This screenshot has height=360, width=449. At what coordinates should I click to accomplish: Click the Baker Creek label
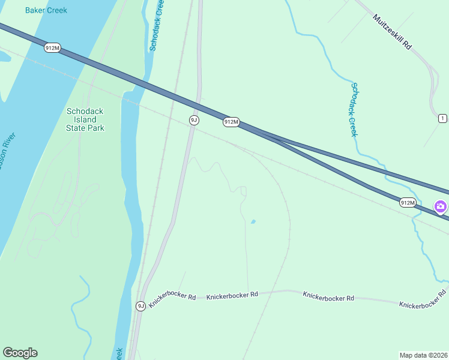(46, 10)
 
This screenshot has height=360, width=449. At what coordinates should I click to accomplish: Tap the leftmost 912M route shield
(52, 48)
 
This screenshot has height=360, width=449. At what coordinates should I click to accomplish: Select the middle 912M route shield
(231, 122)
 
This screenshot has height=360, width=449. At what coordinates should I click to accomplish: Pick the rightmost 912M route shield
(408, 203)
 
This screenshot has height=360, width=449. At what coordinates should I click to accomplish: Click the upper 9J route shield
(193, 120)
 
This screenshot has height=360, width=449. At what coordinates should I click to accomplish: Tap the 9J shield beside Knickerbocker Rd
(140, 306)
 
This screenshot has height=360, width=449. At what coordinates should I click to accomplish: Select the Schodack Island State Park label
(85, 119)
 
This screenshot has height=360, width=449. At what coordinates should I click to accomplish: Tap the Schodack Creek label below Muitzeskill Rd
(354, 109)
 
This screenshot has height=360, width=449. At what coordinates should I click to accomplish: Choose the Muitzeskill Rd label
(393, 32)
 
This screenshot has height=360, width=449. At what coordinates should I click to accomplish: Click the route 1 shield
(442, 118)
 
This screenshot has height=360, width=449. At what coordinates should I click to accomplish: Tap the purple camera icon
(441, 207)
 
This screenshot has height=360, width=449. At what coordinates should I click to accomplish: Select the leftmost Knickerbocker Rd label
(173, 299)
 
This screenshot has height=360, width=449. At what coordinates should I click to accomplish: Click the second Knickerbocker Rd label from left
(232, 295)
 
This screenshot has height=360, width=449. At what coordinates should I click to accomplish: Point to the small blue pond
(253, 222)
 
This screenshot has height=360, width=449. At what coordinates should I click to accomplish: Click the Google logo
(20, 353)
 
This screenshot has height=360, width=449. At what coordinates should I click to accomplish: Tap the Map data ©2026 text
(423, 355)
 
